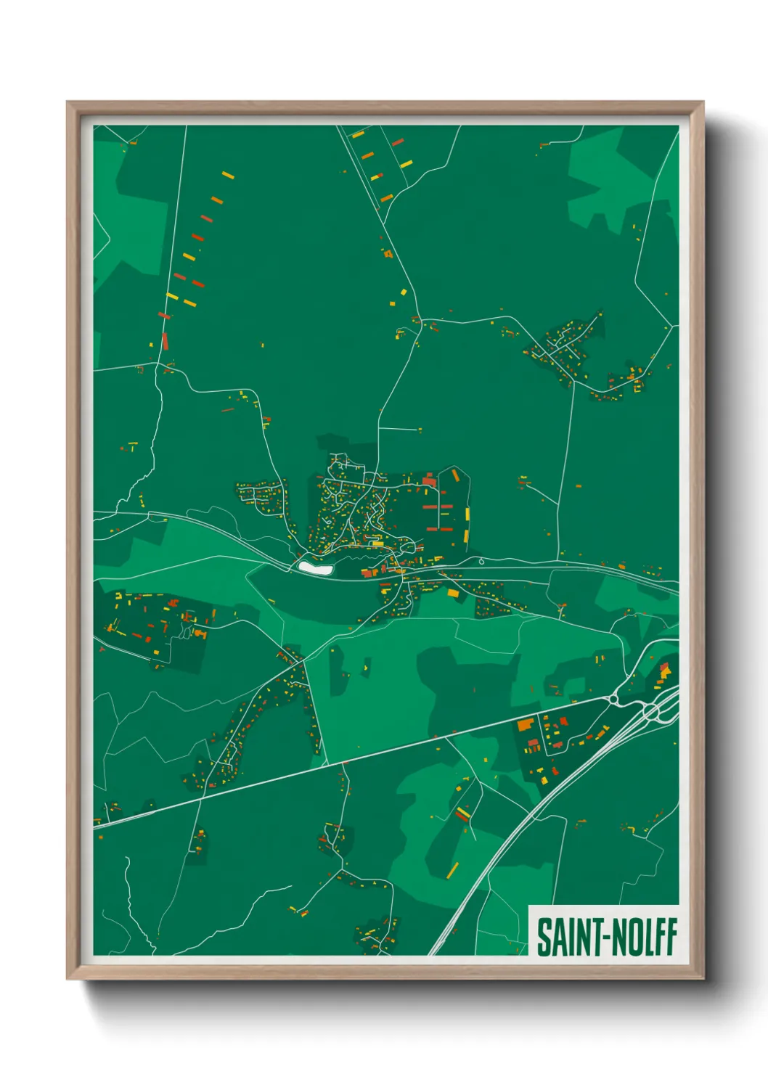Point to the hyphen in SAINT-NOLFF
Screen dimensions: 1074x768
pyautogui.click(x=605, y=938)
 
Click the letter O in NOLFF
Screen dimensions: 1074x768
pyautogui.click(x=631, y=937)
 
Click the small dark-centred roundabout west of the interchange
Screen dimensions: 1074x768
pyautogui.click(x=613, y=700)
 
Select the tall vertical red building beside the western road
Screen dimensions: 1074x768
pyautogui.click(x=165, y=340)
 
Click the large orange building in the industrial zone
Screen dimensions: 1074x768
pyautogui.click(x=525, y=724)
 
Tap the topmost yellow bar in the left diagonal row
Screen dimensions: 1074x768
pyautogui.click(x=228, y=175)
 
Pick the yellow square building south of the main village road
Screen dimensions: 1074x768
pyautogui.click(x=454, y=594)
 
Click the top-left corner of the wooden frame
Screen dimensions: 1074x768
pyautogui.click(x=68, y=102)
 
